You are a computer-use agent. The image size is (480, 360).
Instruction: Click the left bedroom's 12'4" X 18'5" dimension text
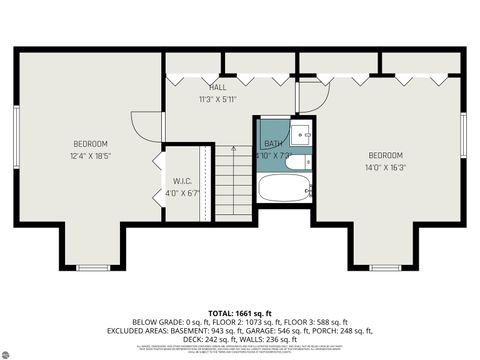[89, 156]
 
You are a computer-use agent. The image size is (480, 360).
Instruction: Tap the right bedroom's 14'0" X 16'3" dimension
[385, 168]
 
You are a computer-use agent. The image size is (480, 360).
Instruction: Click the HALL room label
[217, 87]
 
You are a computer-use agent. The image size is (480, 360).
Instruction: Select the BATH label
[273, 144]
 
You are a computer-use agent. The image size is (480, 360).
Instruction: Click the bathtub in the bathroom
[284, 187]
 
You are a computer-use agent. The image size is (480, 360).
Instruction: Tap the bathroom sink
[303, 134]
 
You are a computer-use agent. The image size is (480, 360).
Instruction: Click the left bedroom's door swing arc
[150, 126]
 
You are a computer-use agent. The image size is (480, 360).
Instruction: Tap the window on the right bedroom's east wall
[463, 135]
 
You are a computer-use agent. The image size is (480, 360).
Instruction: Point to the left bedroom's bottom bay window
[92, 267]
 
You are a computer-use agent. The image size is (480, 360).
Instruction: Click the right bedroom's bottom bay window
[384, 267]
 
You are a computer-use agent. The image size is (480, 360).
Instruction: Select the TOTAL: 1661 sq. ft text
[240, 313]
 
